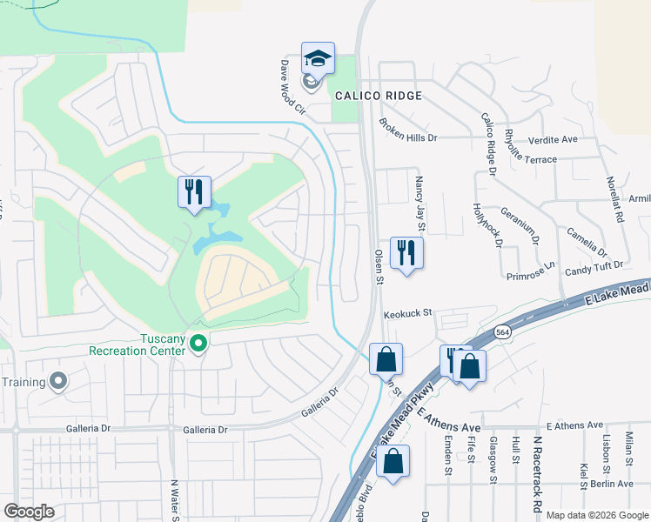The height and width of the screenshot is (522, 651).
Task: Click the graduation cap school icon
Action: click(x=318, y=59)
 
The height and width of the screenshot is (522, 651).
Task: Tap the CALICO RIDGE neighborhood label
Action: click(x=376, y=96)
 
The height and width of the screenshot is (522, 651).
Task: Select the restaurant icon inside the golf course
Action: click(x=194, y=191)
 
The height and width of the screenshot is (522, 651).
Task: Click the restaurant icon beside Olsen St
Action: click(x=406, y=253)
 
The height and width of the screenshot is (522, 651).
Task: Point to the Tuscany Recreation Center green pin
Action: click(x=198, y=345)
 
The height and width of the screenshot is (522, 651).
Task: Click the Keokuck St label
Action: click(x=408, y=316)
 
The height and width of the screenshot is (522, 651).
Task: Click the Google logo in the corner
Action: click(x=29, y=512)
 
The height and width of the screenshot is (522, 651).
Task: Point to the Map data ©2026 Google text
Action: click(x=596, y=515)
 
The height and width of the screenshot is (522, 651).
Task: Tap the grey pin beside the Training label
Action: click(x=58, y=381)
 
